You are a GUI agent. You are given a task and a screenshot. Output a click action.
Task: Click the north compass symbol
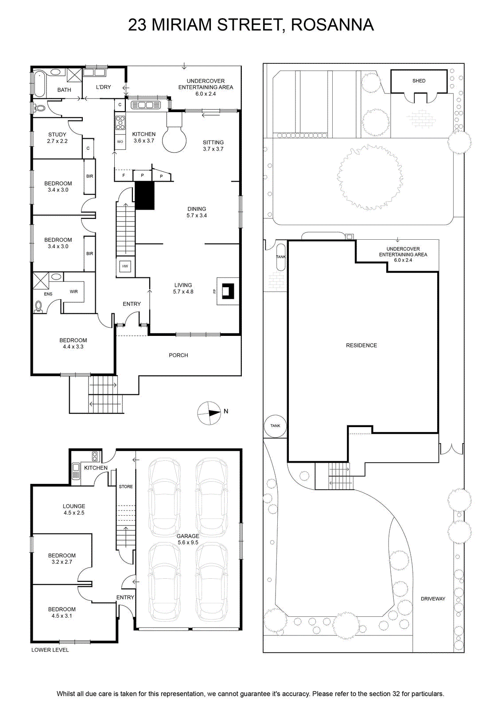(209, 413)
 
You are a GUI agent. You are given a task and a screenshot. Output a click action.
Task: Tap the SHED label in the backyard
(419, 81)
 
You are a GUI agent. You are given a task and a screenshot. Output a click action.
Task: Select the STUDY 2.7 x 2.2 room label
(57, 138)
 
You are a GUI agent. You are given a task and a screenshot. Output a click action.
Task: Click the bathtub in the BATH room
(40, 84)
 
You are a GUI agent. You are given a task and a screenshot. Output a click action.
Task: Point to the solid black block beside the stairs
(145, 195)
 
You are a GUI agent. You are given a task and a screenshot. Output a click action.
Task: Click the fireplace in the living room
(228, 291)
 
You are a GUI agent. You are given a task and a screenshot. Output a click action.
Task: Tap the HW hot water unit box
(125, 266)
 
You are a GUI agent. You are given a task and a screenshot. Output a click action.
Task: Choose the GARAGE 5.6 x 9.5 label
(188, 539)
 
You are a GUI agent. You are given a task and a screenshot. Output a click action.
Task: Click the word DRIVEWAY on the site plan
(433, 599)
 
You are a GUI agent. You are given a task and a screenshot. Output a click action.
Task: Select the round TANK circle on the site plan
(275, 426)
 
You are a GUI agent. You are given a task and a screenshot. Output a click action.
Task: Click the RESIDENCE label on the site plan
(361, 345)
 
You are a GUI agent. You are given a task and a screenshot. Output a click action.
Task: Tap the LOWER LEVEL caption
(50, 650)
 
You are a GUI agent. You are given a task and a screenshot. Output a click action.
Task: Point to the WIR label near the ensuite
(74, 292)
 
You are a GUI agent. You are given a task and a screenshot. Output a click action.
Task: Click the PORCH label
(178, 355)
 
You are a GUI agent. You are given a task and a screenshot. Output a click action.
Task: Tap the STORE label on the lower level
(126, 487)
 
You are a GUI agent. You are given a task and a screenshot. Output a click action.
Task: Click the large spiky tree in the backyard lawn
(369, 177)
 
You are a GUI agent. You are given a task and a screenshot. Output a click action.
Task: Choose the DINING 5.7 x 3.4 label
(197, 212)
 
